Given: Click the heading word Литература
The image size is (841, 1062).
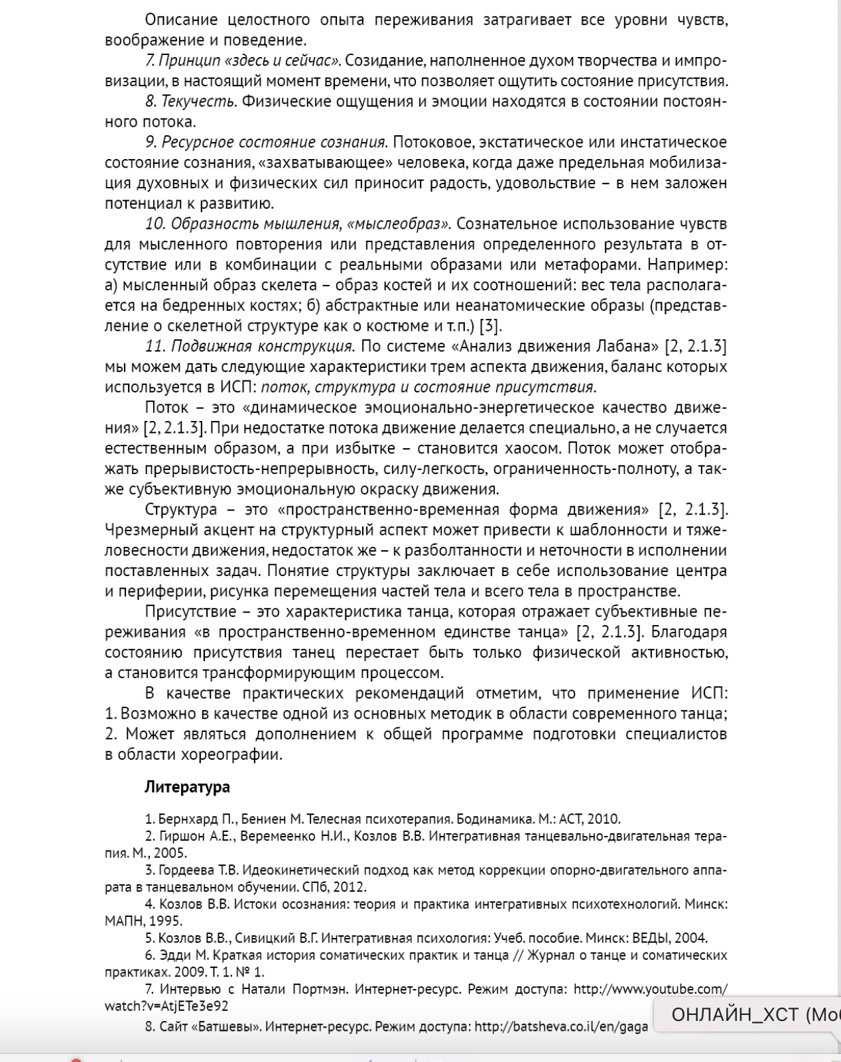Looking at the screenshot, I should click(x=187, y=787).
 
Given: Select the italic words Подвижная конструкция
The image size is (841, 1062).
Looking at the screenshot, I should click(x=263, y=346).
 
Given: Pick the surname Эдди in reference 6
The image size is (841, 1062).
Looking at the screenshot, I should click(x=172, y=955).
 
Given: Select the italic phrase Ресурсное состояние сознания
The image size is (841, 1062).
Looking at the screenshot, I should click(x=273, y=142).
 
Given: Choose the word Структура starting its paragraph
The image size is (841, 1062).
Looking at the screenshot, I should click(x=180, y=509).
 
